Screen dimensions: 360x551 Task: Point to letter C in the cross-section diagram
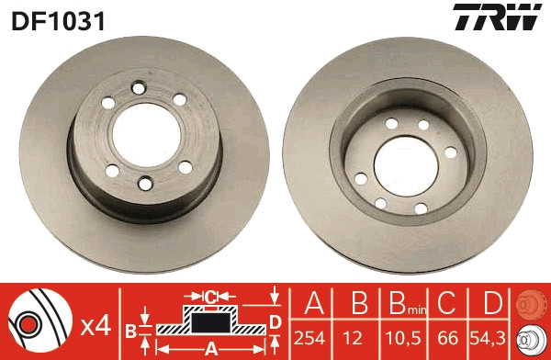click(210, 296)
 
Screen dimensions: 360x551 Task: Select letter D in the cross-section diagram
click(275, 320)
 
